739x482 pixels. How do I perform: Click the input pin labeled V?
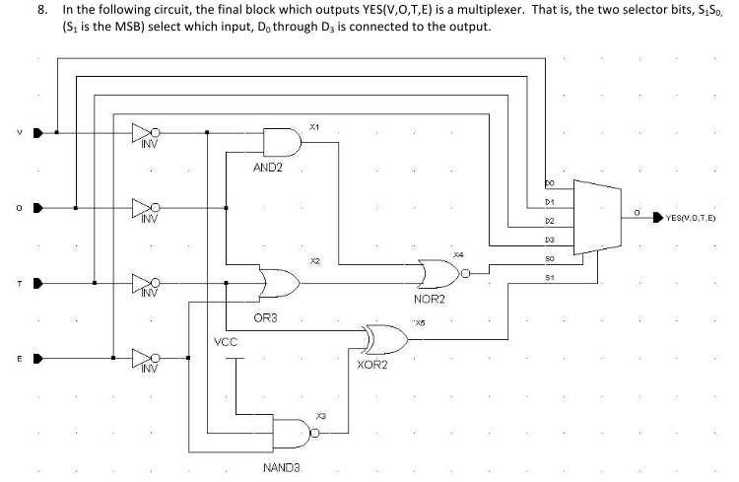click(38, 133)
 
